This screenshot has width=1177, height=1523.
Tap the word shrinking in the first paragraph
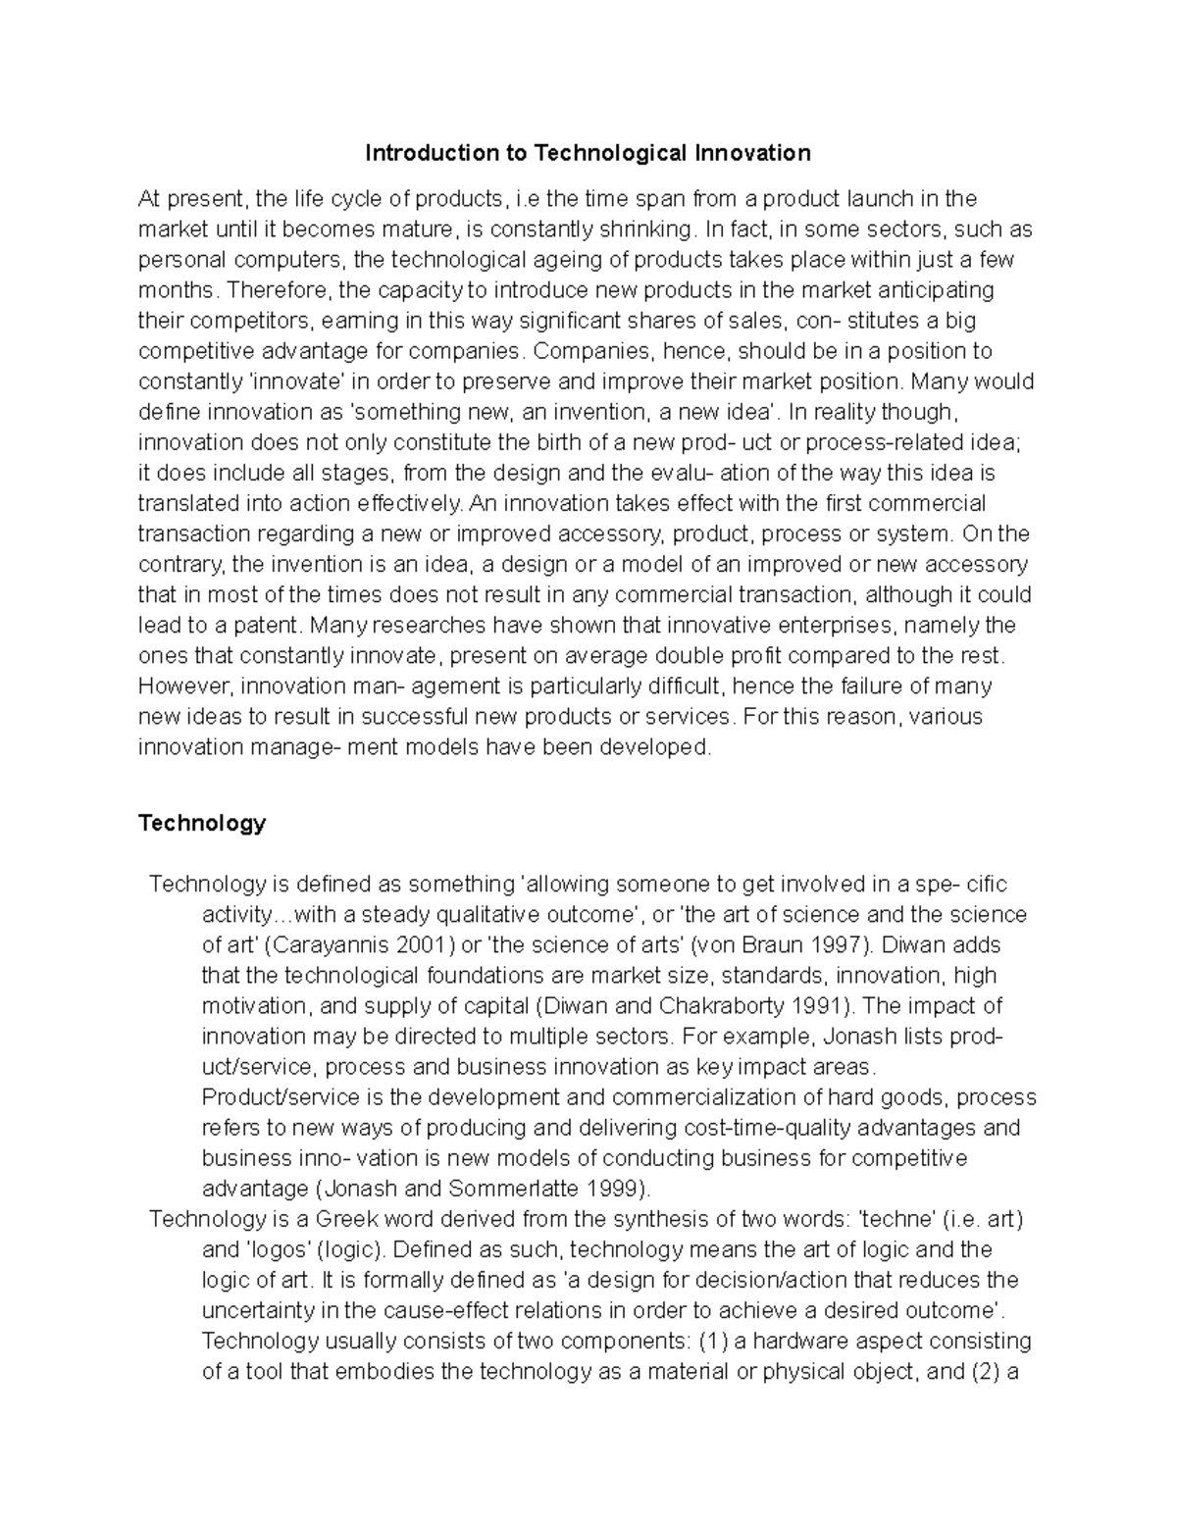(x=642, y=229)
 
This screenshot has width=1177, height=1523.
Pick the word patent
(x=266, y=626)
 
